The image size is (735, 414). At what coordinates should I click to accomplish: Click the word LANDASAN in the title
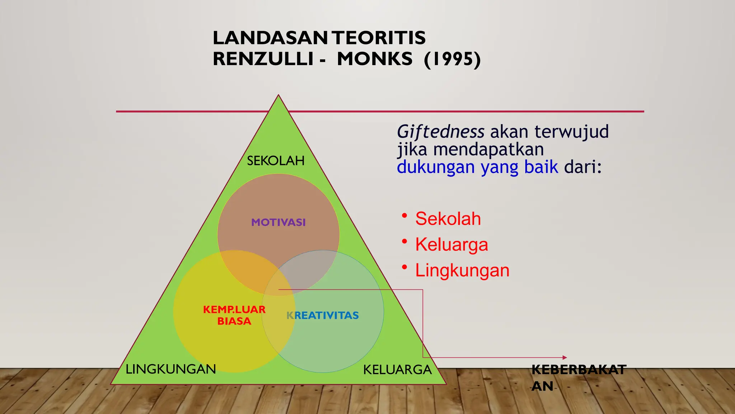[x=270, y=38]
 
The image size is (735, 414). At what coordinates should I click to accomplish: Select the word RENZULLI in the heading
[x=263, y=59]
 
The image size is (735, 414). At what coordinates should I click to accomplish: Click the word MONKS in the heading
[x=375, y=59]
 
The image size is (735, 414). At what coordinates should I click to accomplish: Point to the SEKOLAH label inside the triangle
[x=276, y=161]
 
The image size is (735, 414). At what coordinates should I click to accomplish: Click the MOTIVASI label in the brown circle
[x=278, y=222]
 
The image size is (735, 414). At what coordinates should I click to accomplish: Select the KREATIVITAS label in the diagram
[x=322, y=316]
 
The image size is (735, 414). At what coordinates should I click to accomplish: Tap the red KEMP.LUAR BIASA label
[x=234, y=315]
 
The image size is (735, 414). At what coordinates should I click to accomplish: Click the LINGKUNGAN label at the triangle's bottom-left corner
[x=171, y=369]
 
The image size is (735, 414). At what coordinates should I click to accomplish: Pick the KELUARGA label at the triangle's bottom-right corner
[x=397, y=370]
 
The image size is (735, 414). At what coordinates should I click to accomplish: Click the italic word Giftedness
[x=440, y=132]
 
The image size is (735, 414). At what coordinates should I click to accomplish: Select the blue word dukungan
[x=436, y=167]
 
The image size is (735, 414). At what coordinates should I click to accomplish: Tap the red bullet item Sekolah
[x=448, y=218]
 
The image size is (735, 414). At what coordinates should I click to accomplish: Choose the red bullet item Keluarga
[x=451, y=244]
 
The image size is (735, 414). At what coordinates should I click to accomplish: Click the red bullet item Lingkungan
[x=462, y=270]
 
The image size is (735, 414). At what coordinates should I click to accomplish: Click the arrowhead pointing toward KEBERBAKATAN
[x=565, y=358]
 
